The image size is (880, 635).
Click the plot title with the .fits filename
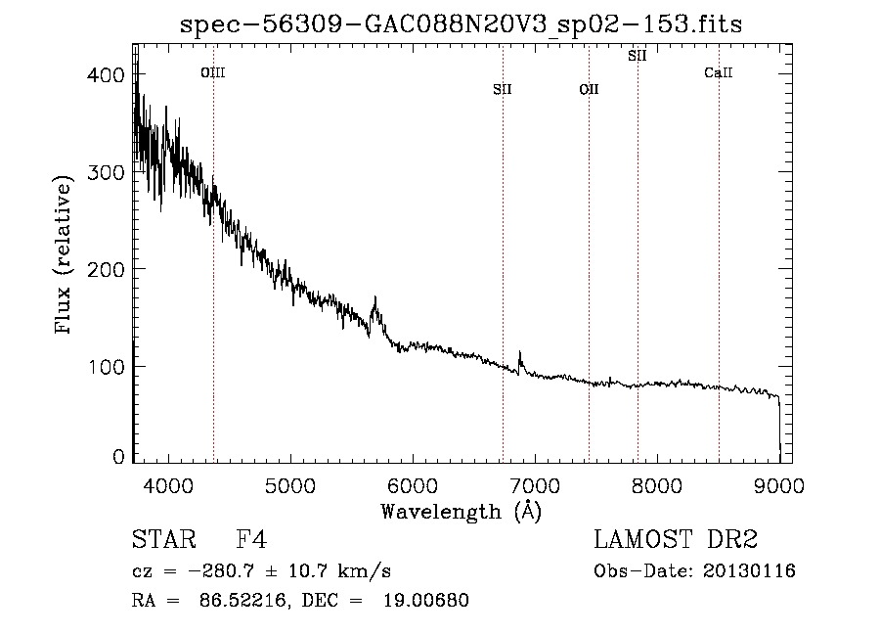point(461,24)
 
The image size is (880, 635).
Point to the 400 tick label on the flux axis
point(106,74)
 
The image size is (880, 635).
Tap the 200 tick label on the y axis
point(106,269)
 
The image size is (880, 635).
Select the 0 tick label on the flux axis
point(118,457)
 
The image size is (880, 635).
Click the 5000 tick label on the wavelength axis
point(290,485)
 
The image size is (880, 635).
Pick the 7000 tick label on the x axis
point(535,485)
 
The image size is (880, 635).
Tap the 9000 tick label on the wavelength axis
point(779,485)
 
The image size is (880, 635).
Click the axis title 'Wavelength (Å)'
point(462,512)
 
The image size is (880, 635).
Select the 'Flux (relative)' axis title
point(64,254)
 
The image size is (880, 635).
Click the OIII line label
point(213,72)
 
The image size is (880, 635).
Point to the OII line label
point(590,89)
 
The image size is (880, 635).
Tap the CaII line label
point(719,72)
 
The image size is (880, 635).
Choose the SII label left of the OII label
point(503,89)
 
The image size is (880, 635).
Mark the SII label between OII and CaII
point(638,56)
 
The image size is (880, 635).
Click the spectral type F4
point(251,539)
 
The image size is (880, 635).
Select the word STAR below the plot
point(164,539)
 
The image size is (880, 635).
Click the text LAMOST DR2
point(676,539)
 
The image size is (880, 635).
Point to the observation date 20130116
point(749,571)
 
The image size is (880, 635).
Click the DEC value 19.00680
point(426,600)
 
